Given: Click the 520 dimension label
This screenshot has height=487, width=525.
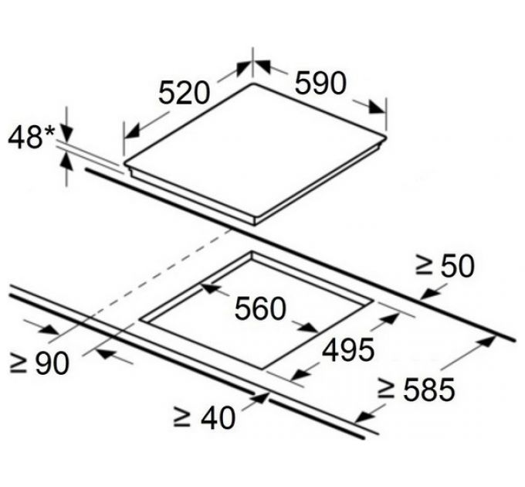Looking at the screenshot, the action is tap(184, 93).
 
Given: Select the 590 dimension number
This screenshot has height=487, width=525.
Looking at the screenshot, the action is tap(320, 83).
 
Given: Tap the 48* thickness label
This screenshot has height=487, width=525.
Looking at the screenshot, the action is tap(31, 136).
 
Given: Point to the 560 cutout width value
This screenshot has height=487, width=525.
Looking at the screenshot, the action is tap(260, 308).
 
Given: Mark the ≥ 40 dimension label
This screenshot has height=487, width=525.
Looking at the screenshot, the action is tap(205, 417).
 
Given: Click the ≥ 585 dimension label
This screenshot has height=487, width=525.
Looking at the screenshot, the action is tap(416, 389).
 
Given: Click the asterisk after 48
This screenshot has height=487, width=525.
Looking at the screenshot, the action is tap(49, 130).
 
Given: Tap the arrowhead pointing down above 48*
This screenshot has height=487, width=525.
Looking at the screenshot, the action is tap(67, 135).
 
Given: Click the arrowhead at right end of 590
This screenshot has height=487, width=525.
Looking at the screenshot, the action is tap(377, 107).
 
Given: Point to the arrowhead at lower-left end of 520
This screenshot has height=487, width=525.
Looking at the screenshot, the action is tap(134, 131).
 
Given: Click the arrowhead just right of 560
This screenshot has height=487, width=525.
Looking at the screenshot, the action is tap(308, 327).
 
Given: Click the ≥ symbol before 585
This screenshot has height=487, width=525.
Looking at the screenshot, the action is tap(385, 390).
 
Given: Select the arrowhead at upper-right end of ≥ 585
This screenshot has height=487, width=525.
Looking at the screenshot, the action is tap(486, 342).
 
